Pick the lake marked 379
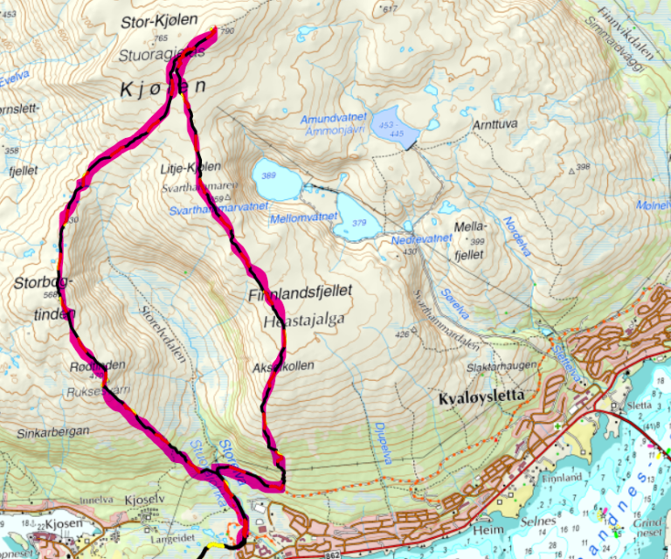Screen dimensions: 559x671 (x=359, y=222)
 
